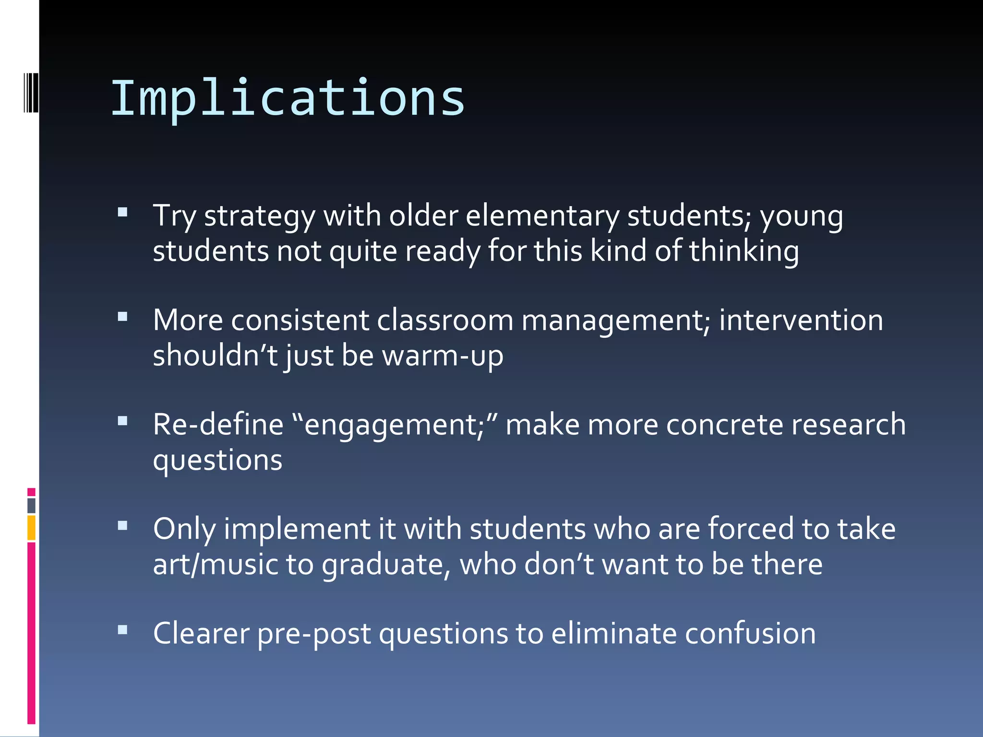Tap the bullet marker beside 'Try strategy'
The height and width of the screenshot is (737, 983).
click(123, 212)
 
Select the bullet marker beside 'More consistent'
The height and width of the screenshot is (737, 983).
click(123, 317)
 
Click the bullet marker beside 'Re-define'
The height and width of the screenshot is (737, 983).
click(123, 421)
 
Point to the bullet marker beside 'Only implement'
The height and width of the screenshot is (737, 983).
click(123, 525)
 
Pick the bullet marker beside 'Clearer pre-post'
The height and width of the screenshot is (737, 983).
click(123, 630)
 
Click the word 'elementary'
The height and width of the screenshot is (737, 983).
click(542, 216)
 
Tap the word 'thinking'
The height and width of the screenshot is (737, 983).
click(744, 251)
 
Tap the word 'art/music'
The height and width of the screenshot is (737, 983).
click(216, 564)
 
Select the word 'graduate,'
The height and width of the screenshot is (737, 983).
click(386, 565)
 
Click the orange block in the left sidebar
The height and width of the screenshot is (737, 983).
click(31, 527)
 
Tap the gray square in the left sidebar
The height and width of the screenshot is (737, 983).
click(31, 505)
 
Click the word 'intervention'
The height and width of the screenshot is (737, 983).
click(801, 320)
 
